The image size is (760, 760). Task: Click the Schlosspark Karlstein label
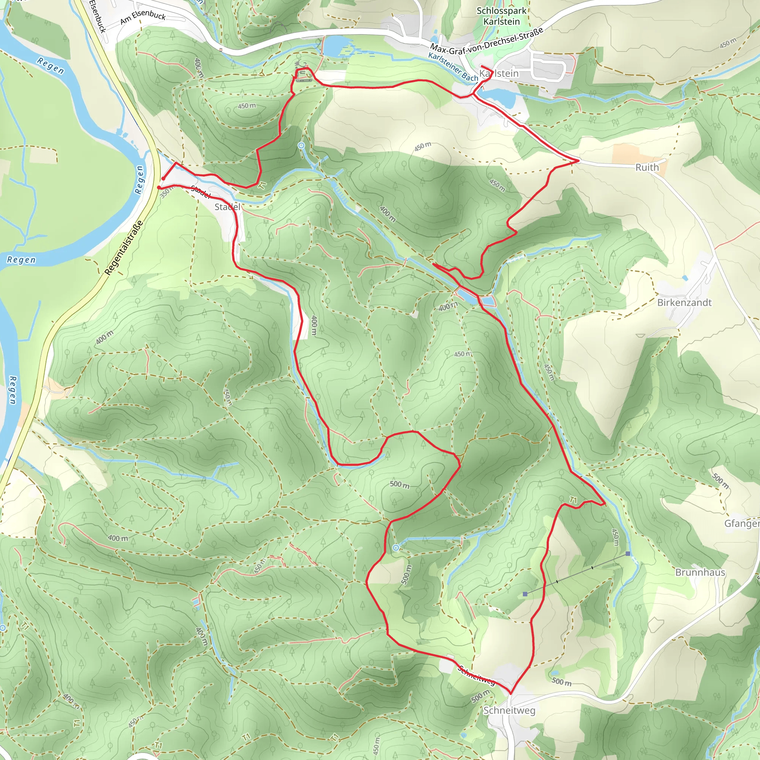502,16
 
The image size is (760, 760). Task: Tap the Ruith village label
647,168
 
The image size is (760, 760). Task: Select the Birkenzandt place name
684,302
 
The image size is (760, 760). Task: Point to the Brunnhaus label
700,572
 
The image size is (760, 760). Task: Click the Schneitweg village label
509,710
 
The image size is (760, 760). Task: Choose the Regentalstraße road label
124,248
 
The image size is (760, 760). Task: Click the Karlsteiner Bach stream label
453,67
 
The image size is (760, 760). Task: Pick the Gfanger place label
741,524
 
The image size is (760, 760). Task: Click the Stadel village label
227,207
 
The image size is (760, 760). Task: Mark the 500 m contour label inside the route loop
400,484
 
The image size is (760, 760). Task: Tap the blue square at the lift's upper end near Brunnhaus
628,554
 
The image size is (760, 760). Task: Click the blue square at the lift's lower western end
525,594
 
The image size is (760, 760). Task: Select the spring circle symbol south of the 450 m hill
301,145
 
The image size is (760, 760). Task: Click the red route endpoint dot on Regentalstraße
159,188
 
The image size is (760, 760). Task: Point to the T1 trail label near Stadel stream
263,185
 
